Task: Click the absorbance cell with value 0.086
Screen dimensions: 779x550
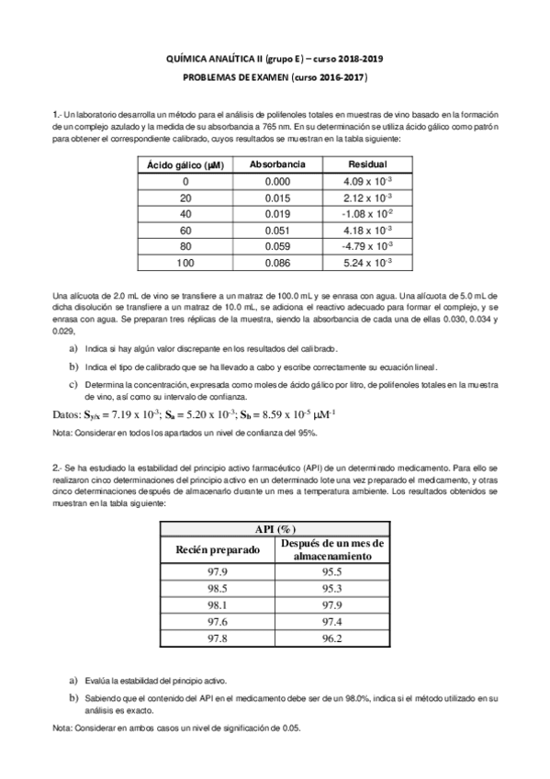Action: pos(276,263)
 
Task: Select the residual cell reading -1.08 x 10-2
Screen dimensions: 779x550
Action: pos(366,213)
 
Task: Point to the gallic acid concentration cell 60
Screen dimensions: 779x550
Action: pos(186,230)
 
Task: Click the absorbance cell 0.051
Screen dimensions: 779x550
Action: pos(276,230)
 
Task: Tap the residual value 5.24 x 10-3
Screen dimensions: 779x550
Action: pos(366,263)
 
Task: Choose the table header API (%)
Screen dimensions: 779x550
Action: pos(274,530)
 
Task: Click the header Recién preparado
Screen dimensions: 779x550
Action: pos(218,549)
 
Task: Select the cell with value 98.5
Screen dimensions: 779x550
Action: pos(218,588)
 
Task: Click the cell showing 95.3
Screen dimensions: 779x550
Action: pos(331,588)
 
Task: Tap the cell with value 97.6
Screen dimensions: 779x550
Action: pos(218,623)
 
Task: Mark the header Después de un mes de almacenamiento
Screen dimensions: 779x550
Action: pos(331,549)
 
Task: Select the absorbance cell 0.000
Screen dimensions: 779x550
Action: pos(276,181)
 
